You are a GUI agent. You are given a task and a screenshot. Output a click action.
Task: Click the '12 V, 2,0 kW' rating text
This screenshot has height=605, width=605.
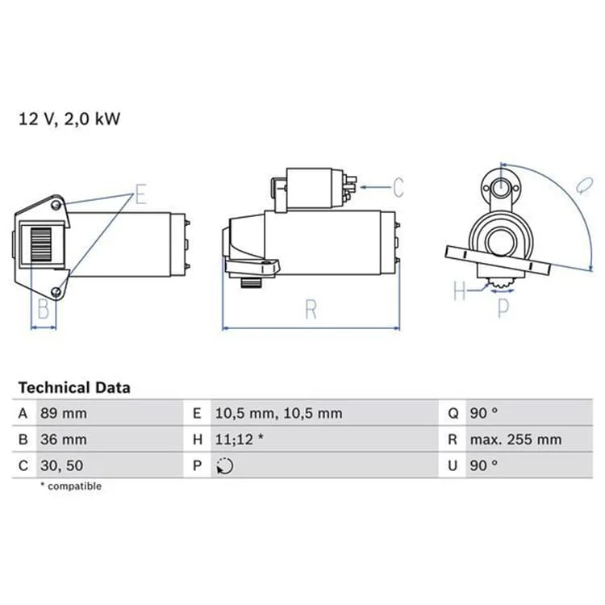click(69, 119)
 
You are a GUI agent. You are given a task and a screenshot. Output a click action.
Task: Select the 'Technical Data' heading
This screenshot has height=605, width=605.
click(74, 388)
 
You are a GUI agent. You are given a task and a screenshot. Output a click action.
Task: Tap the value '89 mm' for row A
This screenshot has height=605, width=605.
click(64, 413)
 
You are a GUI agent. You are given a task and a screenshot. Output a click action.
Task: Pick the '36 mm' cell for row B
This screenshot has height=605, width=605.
click(64, 440)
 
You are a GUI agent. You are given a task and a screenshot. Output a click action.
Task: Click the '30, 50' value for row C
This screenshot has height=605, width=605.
click(62, 465)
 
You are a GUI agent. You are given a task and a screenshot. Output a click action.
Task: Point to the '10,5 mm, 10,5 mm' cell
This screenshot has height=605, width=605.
click(278, 413)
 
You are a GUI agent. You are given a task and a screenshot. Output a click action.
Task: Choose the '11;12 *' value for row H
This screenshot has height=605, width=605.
click(240, 440)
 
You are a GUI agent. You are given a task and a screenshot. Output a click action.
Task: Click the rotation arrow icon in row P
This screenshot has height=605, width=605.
click(224, 465)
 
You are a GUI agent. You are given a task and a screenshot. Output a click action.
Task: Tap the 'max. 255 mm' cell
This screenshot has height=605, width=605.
click(515, 440)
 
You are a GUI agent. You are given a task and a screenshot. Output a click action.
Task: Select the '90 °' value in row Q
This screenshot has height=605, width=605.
click(484, 413)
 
